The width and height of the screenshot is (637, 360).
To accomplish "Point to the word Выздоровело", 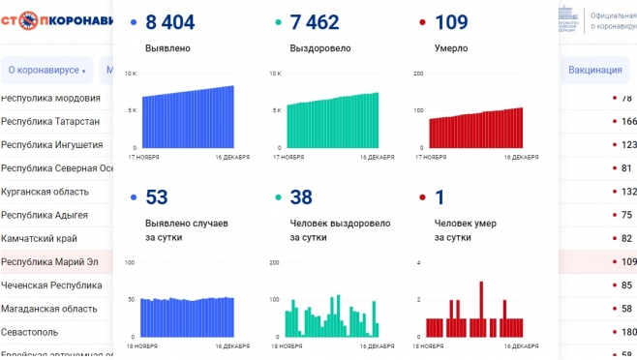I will click(320, 47).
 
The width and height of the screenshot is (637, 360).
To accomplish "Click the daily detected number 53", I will click(157, 197).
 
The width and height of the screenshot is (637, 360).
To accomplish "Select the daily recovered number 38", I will click(301, 197).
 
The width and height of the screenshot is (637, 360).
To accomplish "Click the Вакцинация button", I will click(595, 70).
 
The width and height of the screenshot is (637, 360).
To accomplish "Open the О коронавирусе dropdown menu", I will click(46, 70).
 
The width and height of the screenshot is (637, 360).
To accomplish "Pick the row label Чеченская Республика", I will click(51, 285).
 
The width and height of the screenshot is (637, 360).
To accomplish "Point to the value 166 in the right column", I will click(628, 121).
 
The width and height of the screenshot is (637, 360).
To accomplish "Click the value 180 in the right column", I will click(628, 332).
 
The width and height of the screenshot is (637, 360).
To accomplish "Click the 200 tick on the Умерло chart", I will click(418, 74).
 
